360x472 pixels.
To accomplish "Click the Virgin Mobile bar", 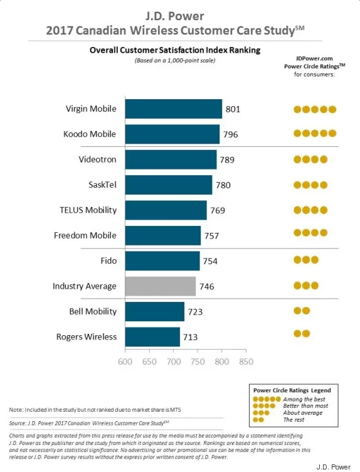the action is click(174, 109).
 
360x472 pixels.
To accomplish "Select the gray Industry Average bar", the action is click(161, 286).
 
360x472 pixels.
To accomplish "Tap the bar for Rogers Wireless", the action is click(152, 337).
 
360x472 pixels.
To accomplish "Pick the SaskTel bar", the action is click(169, 185).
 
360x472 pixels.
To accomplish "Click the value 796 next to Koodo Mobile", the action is click(230, 134).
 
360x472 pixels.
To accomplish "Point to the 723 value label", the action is click(195, 312).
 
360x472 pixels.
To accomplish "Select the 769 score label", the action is click(218, 210).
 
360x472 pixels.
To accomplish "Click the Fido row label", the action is click(109, 260).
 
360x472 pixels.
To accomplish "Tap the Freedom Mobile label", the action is click(85, 235).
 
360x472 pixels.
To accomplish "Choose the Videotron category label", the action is click(97, 159).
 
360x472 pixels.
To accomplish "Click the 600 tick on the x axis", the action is click(125, 362).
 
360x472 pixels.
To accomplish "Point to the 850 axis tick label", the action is click(246, 362).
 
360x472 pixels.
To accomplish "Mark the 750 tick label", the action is click(198, 362).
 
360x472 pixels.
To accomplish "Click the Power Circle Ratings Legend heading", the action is click(292, 390).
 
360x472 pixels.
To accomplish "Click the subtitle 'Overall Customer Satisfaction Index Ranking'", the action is click(175, 50).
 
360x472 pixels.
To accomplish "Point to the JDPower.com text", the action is click(314, 58).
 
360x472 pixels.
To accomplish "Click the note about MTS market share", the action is click(95, 410).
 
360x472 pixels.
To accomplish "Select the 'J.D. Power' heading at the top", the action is click(175, 16).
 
